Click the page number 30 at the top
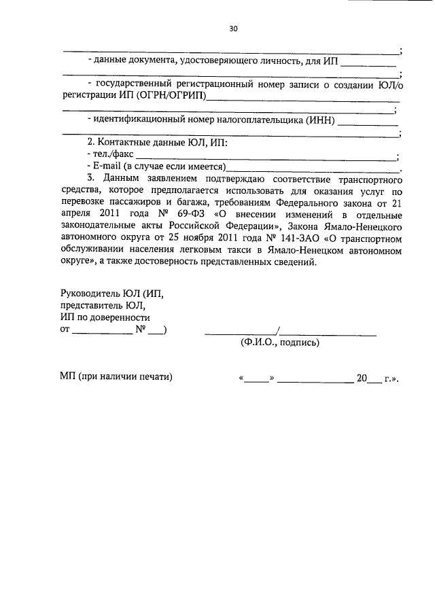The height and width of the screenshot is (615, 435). (x=233, y=29)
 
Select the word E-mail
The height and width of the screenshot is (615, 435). (x=107, y=167)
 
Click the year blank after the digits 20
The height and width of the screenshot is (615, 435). (x=374, y=377)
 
